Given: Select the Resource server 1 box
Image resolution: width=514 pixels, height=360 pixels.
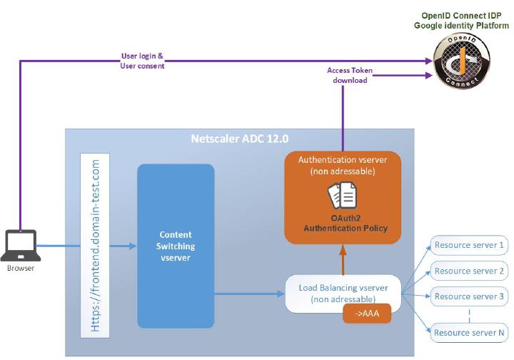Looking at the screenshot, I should (x=469, y=246).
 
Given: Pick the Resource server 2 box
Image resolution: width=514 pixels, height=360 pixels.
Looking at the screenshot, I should (x=469, y=271).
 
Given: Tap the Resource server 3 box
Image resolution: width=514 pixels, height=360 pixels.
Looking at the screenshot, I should (x=469, y=296).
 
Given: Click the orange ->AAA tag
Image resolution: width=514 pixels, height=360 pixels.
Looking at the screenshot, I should (x=367, y=314).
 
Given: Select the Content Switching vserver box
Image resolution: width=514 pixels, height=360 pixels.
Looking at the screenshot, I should (x=176, y=246).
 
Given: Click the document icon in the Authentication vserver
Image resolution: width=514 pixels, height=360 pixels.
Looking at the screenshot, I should (x=343, y=195).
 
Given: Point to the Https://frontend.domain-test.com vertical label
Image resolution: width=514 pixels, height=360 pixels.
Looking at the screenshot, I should (x=96, y=247).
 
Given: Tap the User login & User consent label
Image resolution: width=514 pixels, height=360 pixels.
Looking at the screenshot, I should (x=142, y=61).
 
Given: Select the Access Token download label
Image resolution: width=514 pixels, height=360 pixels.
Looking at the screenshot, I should (x=350, y=76).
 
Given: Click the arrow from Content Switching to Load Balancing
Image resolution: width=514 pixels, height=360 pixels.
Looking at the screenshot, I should (x=250, y=293).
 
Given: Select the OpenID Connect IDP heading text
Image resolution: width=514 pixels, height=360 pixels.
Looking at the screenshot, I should (x=461, y=20).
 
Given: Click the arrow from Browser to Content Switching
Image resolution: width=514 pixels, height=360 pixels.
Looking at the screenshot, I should (x=86, y=246).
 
